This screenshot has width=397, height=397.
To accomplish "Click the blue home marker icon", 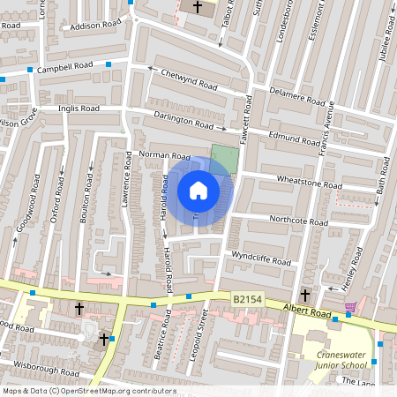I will click(x=198, y=191).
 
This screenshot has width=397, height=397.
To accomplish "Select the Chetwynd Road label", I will click(x=188, y=80).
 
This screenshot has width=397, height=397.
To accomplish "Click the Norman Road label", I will click(x=165, y=154).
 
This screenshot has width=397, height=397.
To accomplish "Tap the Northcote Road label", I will click(x=298, y=220).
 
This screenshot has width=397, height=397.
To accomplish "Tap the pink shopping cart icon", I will click(x=351, y=307).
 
